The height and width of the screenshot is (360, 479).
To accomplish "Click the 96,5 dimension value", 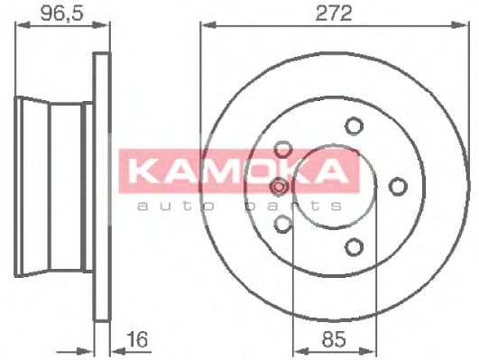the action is (x=61, y=14).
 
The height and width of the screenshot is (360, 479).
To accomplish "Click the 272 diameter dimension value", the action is (x=334, y=14).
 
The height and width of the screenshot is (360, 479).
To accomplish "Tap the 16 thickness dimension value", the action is (x=138, y=340).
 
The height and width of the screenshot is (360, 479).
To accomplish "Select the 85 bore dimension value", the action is (x=334, y=339).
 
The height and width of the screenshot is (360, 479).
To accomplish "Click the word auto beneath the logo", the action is (x=176, y=206).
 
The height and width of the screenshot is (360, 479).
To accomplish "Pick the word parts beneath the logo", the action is (x=293, y=207).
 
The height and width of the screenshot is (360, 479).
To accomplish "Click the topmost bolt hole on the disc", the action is (x=354, y=125).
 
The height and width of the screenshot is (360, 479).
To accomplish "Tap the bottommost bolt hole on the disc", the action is (x=354, y=247).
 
